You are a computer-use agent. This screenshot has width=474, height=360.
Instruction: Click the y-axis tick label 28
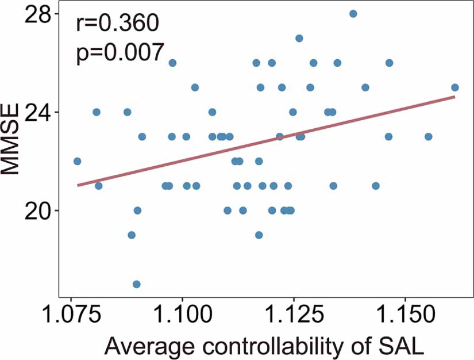click(36, 14)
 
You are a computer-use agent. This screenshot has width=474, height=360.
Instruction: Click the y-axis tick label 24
click(36, 112)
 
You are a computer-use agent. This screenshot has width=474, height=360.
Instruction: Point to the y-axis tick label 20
click(36, 210)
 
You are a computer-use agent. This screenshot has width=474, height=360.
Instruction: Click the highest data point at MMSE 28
click(353, 14)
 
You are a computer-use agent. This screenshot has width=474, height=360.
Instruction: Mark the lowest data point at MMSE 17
click(137, 284)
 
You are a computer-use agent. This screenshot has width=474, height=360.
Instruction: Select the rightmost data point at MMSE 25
click(455, 87)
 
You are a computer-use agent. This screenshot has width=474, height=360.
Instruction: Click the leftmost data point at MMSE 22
click(78, 161)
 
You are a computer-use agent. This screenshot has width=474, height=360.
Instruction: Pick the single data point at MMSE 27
click(299, 39)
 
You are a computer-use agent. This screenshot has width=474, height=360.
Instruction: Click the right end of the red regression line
click(455, 97)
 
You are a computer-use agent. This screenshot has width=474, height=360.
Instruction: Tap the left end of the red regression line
click(78, 185)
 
